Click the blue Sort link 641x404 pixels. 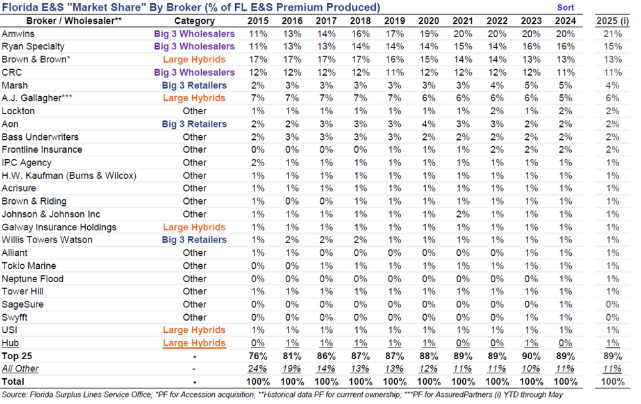pos(565,7)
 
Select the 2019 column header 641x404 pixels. pos(394,21)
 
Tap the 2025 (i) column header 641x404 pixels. pos(612,21)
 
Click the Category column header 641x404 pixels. pos(194,21)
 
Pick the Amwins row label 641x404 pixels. pos(18,33)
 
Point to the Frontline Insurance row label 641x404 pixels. pos(42,149)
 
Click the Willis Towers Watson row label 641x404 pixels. pos(47,240)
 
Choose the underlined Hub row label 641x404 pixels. pos(10,343)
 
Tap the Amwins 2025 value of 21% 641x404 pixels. pos(612,33)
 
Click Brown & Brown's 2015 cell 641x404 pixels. pos(258,59)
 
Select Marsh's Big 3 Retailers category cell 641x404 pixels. pos(194,85)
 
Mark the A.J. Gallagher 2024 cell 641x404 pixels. pos(565,98)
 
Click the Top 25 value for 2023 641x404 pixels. pos(531,356)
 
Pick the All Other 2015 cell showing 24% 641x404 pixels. pos(258,369)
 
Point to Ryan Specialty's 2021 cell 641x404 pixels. pos(463,46)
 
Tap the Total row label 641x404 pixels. pos(13,382)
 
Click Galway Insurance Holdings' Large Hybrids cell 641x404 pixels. pos(194,227)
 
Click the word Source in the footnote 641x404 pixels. pos(15,394)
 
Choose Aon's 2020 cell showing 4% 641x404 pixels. pos(428,124)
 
